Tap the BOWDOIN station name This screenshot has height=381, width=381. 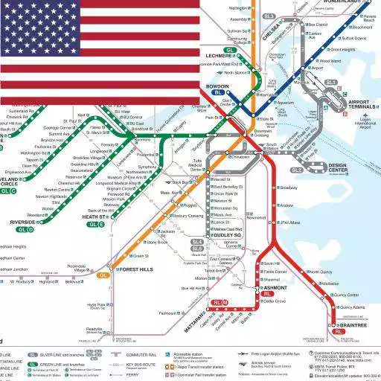click(x=216, y=87)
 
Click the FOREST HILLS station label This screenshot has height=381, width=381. click(x=135, y=269)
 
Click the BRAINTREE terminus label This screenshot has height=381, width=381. click(x=352, y=325)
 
